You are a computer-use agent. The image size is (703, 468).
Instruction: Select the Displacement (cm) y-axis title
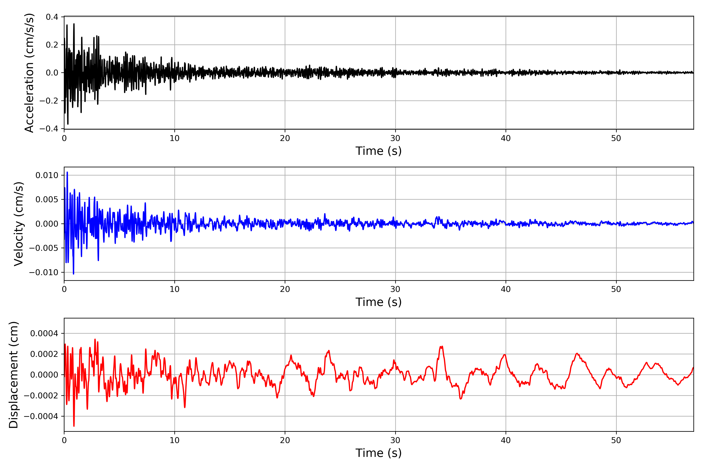coord(13,375)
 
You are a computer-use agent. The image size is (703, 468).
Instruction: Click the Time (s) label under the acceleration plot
coord(378,151)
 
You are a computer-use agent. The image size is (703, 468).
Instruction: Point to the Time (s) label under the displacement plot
coord(378,453)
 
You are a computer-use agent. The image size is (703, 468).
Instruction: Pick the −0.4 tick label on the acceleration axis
coord(49,129)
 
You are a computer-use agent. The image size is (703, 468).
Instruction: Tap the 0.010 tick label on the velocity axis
coord(47,175)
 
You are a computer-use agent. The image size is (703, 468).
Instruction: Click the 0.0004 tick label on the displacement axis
coord(44,333)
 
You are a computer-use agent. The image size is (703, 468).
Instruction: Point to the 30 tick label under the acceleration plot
coord(395,138)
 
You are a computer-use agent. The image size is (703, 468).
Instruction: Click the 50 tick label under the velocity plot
coord(616,289)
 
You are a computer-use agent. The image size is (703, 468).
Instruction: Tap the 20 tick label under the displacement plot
coord(285,440)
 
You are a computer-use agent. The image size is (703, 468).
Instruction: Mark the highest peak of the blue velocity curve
coord(67,172)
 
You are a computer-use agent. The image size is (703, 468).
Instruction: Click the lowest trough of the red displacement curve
coord(74,426)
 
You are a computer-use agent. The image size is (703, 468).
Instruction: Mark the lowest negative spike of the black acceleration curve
coord(68,124)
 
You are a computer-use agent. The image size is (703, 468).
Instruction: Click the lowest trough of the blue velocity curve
coord(74,274)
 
